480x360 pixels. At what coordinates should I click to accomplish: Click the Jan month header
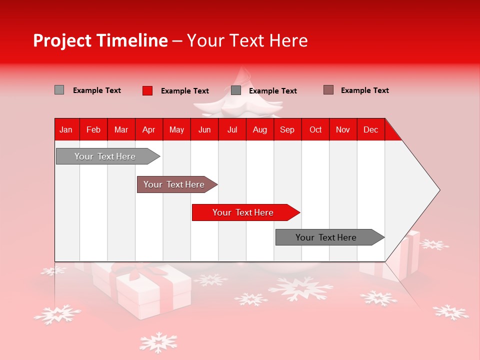tap(66, 129)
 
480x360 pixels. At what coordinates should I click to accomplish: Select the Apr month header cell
tap(148, 129)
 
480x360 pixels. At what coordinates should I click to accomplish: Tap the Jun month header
tap(204, 129)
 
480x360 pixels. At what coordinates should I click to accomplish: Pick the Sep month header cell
tap(287, 129)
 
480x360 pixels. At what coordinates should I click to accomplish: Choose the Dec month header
tap(370, 129)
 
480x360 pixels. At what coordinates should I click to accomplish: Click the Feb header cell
tap(93, 129)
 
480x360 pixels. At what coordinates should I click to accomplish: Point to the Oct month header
tap(315, 129)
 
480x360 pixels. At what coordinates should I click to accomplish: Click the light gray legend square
tap(59, 90)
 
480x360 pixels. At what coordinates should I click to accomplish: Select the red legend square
tap(147, 90)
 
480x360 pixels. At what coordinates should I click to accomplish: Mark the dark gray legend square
tap(236, 90)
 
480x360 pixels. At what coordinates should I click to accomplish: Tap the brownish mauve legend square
tap(328, 90)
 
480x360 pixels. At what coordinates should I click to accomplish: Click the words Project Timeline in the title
tap(100, 40)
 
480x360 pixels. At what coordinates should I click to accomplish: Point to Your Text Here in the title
tap(247, 40)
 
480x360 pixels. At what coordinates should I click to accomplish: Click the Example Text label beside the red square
tap(184, 91)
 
